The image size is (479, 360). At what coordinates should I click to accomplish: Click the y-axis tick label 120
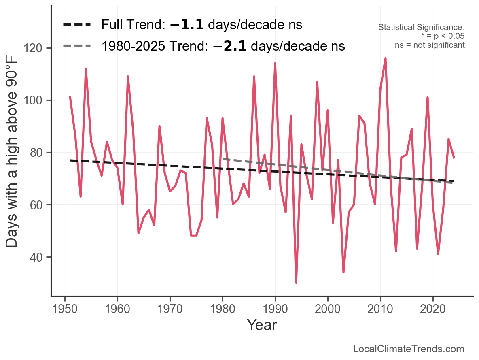tap(38, 48)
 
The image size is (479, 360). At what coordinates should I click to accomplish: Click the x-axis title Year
tap(262, 325)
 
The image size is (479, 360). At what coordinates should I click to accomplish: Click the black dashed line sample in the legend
tap(77, 25)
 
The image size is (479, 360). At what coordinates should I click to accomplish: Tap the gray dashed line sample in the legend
tap(77, 46)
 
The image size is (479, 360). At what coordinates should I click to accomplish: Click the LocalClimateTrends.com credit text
tap(409, 349)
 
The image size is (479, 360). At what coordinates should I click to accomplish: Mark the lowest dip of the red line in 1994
tap(296, 283)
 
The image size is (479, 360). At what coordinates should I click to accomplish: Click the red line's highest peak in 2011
tap(386, 58)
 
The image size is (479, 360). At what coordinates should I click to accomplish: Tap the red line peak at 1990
tap(275, 64)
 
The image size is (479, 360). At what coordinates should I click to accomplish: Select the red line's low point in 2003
tap(343, 272)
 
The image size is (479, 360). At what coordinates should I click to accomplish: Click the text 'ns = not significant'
tap(430, 45)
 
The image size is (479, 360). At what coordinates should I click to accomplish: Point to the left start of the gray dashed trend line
tap(223, 159)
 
